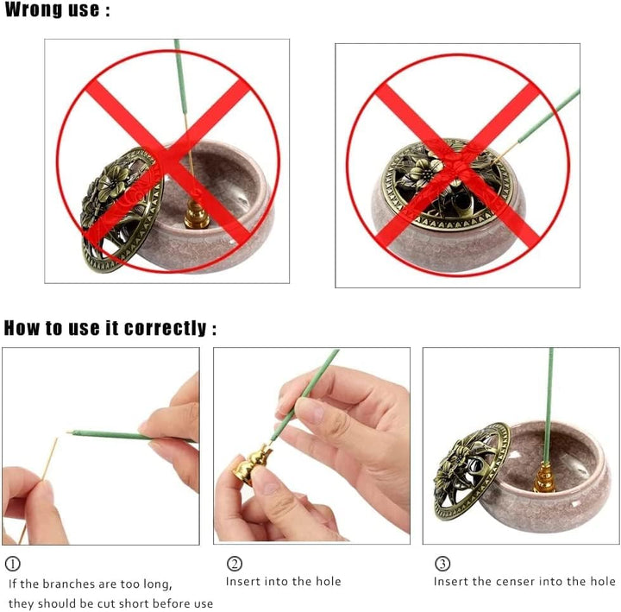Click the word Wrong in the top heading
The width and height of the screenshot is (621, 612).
(34, 9)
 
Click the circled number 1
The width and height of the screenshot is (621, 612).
(13, 564)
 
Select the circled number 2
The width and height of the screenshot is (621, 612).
(235, 564)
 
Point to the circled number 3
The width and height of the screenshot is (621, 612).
(442, 564)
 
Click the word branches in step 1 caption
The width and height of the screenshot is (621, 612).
(68, 584)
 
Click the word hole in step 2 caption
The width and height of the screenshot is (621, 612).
(329, 582)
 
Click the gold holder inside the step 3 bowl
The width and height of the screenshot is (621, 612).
(544, 479)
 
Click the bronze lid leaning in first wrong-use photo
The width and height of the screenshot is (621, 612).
(121, 209)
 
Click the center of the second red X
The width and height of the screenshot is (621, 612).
(458, 166)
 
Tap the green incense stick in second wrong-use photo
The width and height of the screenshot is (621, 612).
(549, 115)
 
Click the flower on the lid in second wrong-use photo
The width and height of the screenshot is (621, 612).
(423, 171)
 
